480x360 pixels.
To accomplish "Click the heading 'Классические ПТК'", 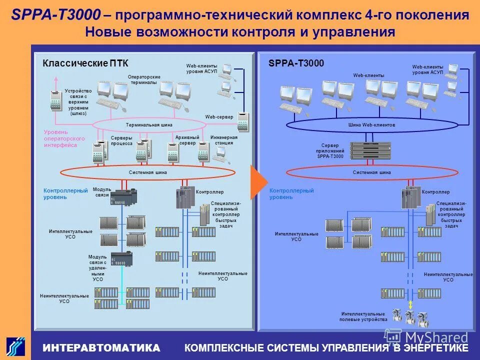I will click(x=85, y=63).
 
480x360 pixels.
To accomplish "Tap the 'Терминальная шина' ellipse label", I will click(x=148, y=125).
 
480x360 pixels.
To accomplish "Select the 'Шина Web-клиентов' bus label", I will click(x=371, y=125).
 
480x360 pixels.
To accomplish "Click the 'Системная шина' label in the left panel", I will click(x=147, y=172).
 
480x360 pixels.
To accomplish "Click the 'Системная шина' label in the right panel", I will click(x=371, y=172).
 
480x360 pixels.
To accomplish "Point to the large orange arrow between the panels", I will click(x=258, y=181).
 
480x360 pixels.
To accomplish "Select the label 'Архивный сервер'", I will click(x=187, y=140).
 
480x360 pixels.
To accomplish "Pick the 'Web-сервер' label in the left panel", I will click(x=219, y=117).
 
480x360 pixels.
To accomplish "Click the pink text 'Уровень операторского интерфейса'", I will click(x=64, y=138).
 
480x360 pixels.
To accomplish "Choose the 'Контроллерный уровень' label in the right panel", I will click(x=291, y=194).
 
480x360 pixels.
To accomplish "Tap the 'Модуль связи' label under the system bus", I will click(x=101, y=192).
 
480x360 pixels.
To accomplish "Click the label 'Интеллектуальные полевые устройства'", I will click(x=363, y=316).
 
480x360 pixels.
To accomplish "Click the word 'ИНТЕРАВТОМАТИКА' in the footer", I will click(x=101, y=347).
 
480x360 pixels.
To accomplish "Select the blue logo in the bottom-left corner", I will click(x=15, y=346).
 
